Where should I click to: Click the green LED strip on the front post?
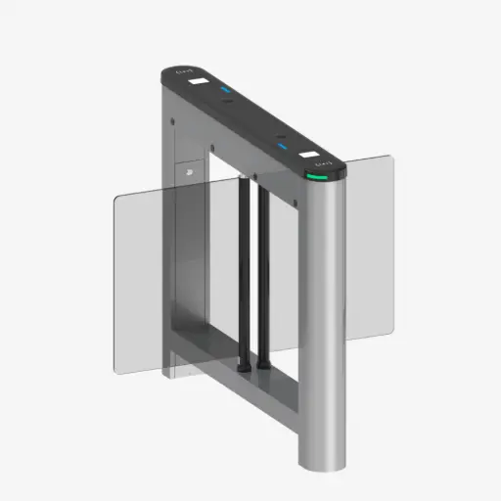tap(321, 178)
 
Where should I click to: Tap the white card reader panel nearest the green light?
tap(313, 155)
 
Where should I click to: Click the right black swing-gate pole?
tap(261, 274)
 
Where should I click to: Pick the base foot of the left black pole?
tap(239, 370)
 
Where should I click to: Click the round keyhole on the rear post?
tap(191, 170)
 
